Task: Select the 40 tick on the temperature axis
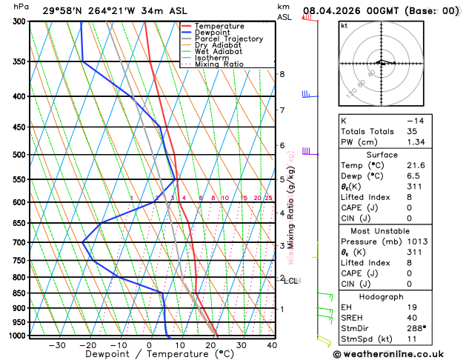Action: (272, 345)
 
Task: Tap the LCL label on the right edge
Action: (290, 281)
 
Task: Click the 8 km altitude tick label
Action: (282, 74)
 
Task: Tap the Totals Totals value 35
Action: (410, 131)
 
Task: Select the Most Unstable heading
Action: (381, 231)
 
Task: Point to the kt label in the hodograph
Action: (344, 26)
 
